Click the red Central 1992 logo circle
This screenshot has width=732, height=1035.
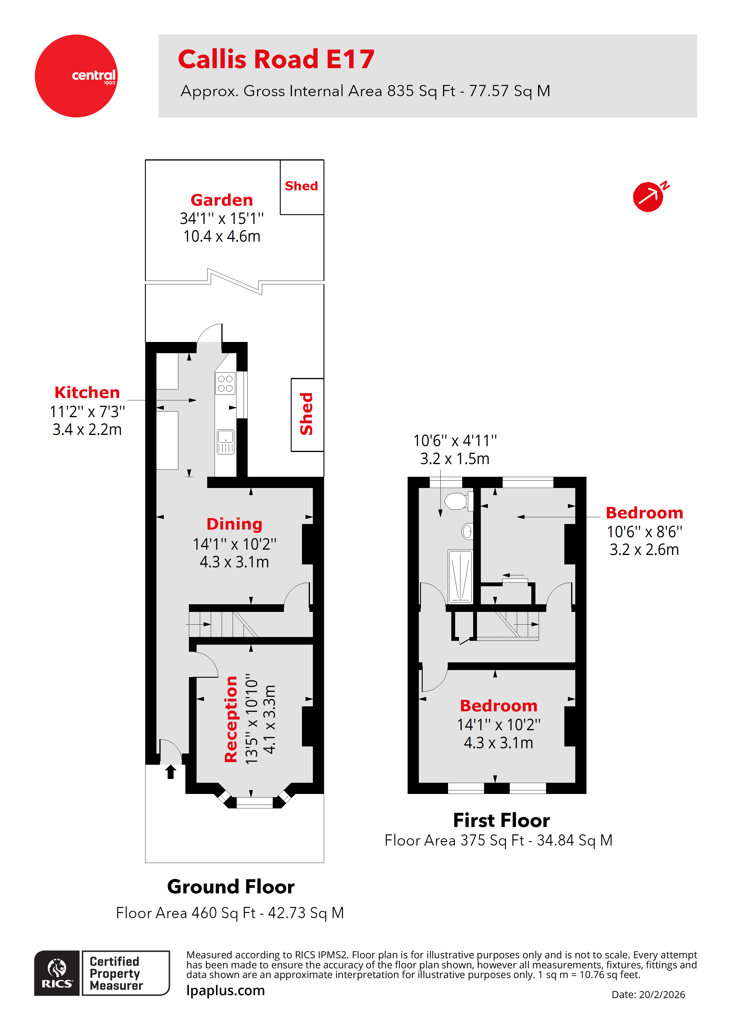pyautogui.click(x=76, y=76)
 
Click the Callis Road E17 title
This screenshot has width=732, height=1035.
pyautogui.click(x=276, y=59)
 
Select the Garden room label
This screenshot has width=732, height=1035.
pyautogui.click(x=221, y=200)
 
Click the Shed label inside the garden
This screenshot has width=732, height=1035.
pyautogui.click(x=301, y=186)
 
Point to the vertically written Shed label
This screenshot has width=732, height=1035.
pyautogui.click(x=307, y=414)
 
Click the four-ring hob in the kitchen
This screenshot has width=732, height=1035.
pyautogui.click(x=225, y=383)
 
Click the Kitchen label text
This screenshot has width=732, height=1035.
pyautogui.click(x=87, y=392)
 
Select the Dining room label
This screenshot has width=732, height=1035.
pyautogui.click(x=234, y=524)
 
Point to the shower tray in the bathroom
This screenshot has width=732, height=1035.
pyautogui.click(x=460, y=576)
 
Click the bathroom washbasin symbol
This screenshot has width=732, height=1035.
pyautogui.click(x=467, y=531)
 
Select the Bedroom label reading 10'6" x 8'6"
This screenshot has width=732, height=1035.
pyautogui.click(x=644, y=513)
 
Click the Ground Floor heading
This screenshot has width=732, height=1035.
pyautogui.click(x=231, y=887)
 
